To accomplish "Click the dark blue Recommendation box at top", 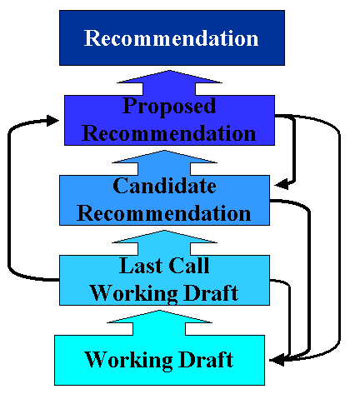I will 171,37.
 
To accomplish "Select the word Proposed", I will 169,107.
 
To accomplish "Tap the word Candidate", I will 164,185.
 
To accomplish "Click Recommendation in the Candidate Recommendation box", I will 164,212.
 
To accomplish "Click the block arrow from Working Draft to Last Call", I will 164,322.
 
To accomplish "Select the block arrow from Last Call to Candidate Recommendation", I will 164,242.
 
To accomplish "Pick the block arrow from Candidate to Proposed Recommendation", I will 164,161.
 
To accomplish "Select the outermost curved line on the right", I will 340,242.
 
